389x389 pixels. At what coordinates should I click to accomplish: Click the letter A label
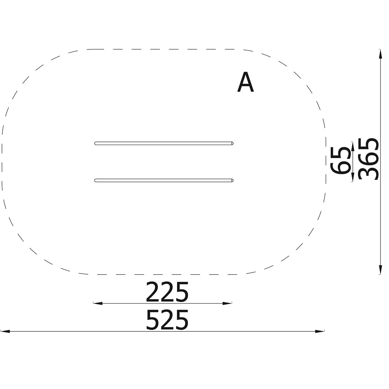(x=245, y=82)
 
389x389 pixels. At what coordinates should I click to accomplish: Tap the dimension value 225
(x=167, y=292)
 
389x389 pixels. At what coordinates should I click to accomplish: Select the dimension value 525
(x=167, y=320)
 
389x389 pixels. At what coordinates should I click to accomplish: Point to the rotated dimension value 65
(x=340, y=161)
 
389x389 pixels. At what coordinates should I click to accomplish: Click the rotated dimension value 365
(x=369, y=159)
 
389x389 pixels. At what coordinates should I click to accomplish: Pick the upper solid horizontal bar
(x=164, y=144)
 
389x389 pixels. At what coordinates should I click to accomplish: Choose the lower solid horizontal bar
(x=164, y=180)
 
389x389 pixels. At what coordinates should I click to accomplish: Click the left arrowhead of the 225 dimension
(x=98, y=303)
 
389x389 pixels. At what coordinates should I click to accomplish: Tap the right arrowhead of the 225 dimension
(x=227, y=303)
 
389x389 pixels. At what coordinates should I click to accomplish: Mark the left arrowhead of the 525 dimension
(x=5, y=331)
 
